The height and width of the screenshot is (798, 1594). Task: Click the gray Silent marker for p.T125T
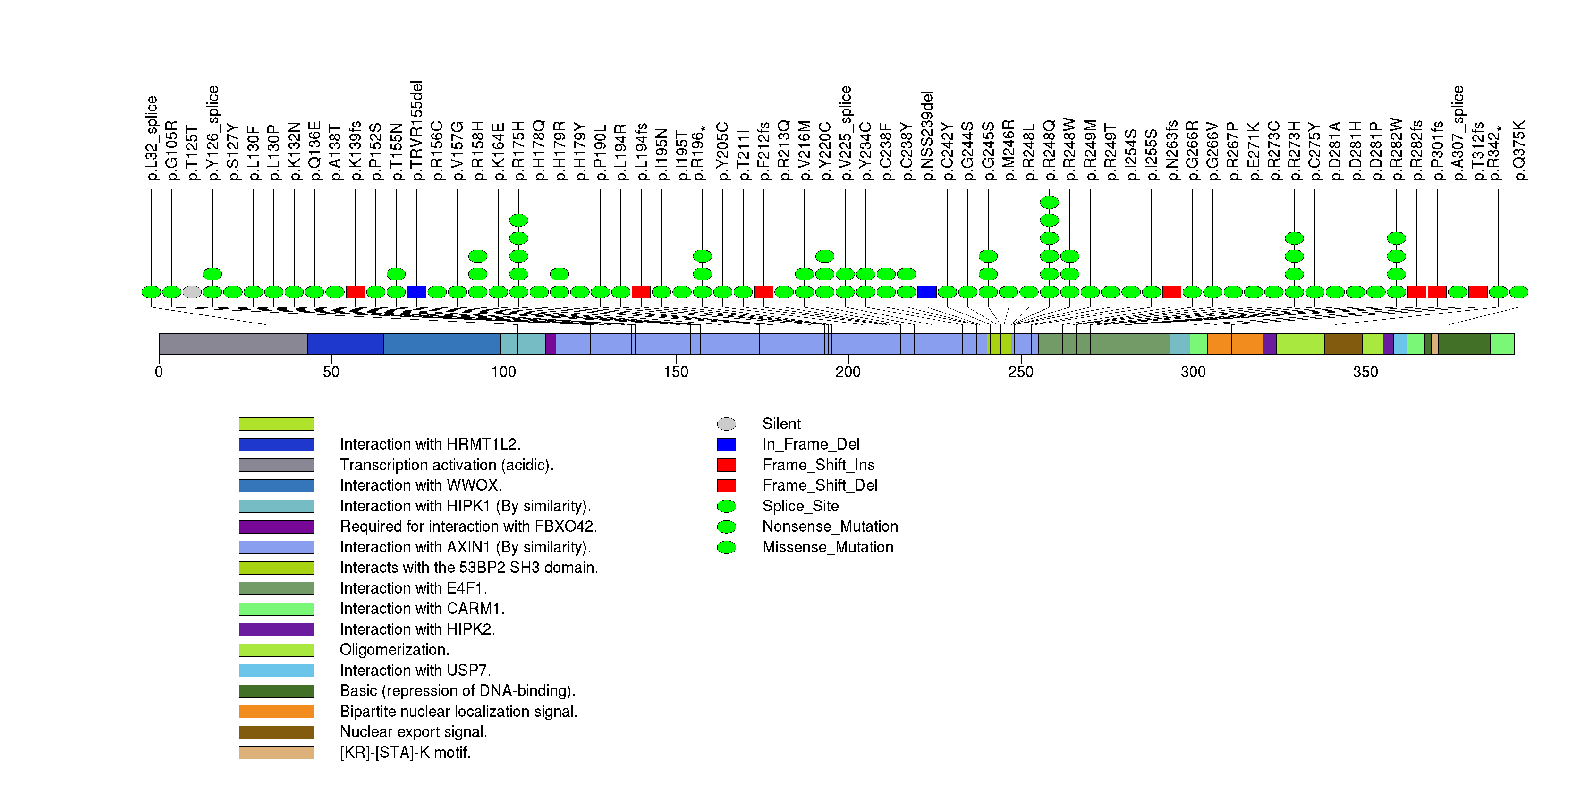(x=192, y=292)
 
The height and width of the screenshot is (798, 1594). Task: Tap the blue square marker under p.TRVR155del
(x=416, y=292)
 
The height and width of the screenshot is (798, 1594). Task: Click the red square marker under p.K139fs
(x=355, y=292)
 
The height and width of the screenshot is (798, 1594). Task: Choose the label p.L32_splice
(x=152, y=138)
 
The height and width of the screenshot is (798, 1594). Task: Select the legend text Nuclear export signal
(x=413, y=732)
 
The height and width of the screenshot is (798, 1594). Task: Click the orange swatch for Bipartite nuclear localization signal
(x=276, y=712)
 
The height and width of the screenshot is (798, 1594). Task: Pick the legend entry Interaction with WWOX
(x=421, y=485)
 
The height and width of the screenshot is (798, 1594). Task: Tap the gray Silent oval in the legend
(x=727, y=424)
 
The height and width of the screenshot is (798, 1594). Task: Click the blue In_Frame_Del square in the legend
(x=727, y=444)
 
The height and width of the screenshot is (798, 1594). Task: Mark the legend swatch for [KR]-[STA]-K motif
(x=276, y=752)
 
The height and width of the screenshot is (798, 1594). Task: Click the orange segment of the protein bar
(x=1235, y=344)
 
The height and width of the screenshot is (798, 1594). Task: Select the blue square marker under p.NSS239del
(x=926, y=292)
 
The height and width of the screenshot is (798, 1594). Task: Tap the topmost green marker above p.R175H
(x=518, y=220)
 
